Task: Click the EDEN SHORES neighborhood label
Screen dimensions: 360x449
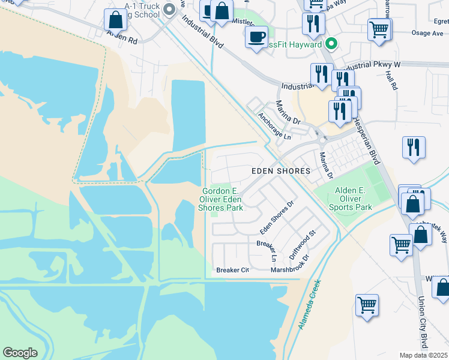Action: click(x=280, y=171)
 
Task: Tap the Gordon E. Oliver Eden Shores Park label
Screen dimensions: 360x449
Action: click(x=221, y=199)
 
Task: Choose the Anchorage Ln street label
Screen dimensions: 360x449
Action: click(x=274, y=126)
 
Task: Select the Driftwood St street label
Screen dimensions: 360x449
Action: click(x=302, y=242)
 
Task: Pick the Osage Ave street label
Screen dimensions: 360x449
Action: click(x=426, y=34)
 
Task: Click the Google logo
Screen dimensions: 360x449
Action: click(x=20, y=353)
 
